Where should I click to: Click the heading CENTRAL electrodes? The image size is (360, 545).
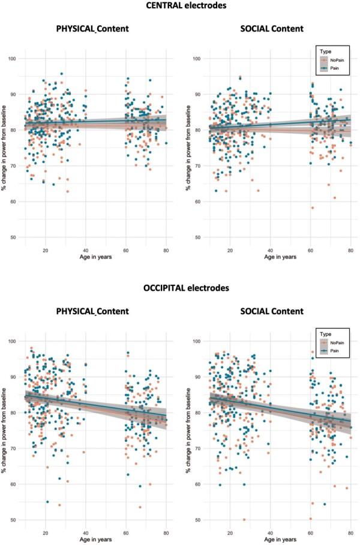click(180, 7)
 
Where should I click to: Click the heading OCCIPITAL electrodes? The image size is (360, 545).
click(180, 288)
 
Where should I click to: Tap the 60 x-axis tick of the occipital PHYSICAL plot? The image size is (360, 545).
click(126, 532)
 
